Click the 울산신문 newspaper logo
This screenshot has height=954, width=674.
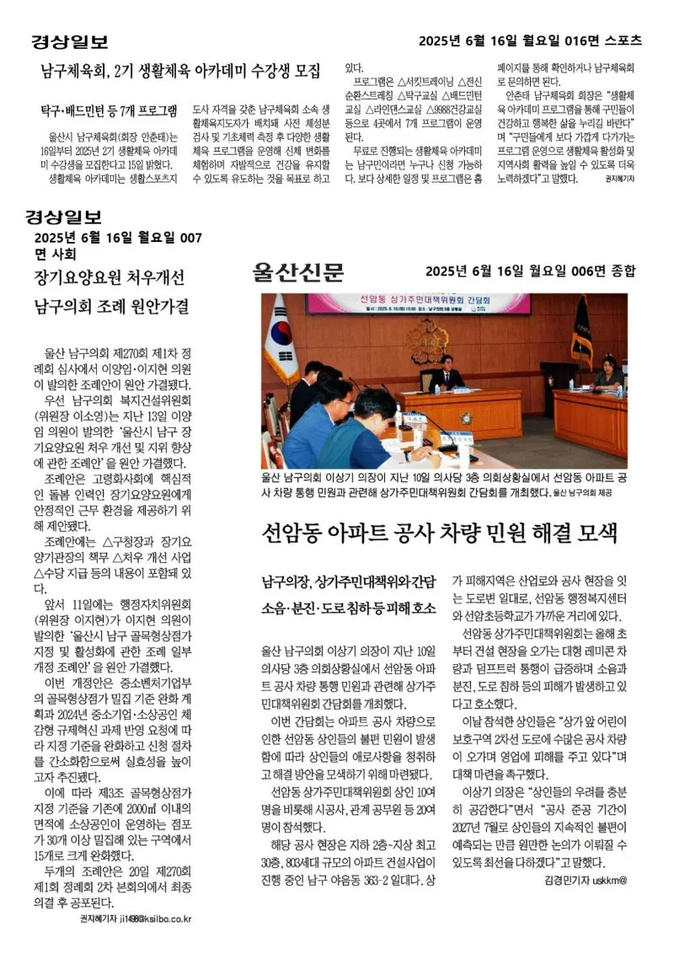coord(297,272)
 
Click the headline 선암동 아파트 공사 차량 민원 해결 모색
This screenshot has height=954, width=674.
coord(441,533)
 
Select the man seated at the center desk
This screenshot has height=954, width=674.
coord(447,373)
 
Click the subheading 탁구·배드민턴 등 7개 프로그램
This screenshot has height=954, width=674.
coord(110,110)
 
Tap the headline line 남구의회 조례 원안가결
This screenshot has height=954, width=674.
coord(111,306)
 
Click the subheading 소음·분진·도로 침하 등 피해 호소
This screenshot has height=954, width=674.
coord(349,608)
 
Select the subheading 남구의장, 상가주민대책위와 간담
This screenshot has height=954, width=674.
coord(349,581)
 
